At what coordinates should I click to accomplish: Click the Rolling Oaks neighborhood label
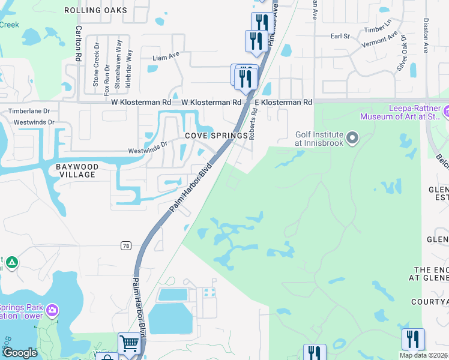point(95,10)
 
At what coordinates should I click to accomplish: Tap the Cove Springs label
point(216,136)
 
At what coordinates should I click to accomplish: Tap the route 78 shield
point(125,245)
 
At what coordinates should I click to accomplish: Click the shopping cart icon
point(129,343)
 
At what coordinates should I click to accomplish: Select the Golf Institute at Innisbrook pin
point(353,139)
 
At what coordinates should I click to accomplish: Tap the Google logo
point(20,353)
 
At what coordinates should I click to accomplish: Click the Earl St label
point(340,36)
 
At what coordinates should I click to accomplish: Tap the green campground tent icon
point(12,263)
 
